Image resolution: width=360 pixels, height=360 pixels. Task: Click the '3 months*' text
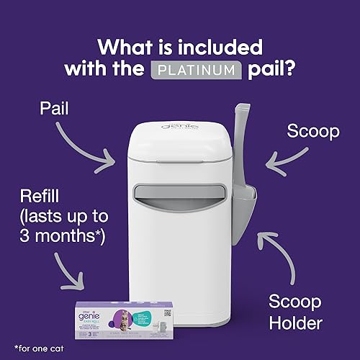(61, 234)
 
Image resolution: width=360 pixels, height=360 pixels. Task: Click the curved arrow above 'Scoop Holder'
(284, 256)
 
